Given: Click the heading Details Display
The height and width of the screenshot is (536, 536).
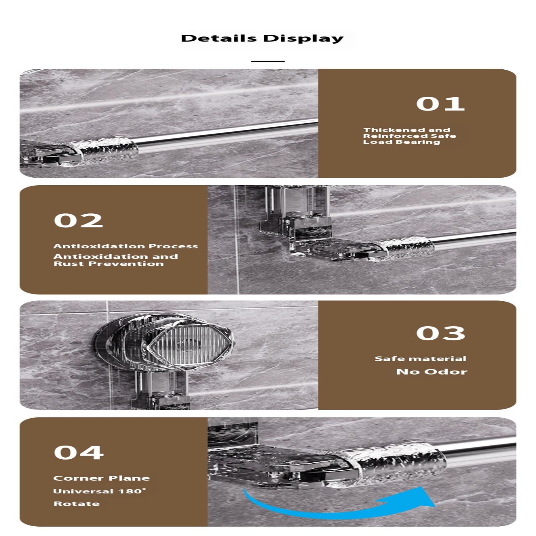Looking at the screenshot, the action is (x=262, y=38).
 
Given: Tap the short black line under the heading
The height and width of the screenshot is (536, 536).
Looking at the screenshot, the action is (x=268, y=61).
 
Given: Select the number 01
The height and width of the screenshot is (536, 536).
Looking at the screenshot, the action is (x=441, y=104).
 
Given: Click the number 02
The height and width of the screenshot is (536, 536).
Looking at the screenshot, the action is (x=78, y=220).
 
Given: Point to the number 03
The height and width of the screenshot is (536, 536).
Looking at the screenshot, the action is (x=441, y=333).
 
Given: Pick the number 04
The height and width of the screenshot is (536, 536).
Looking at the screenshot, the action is (x=79, y=453).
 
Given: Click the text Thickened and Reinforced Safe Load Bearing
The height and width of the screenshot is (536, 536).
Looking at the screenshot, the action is (x=410, y=136).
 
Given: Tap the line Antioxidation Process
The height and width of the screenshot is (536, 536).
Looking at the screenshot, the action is (x=126, y=246).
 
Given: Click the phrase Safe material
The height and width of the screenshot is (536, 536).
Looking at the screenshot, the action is (x=420, y=358).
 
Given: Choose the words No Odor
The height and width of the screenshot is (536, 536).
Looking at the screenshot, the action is (x=431, y=372).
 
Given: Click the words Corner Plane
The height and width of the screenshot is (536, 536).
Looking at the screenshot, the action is (x=102, y=478).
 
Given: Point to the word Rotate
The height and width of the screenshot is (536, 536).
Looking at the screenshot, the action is (x=77, y=504).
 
